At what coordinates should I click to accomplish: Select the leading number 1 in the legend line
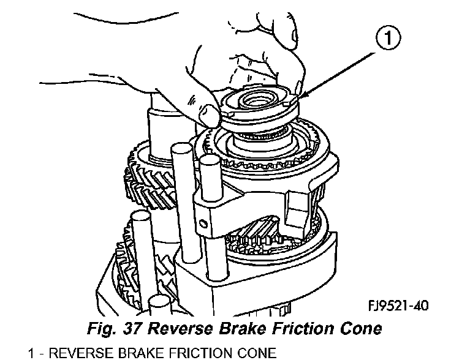coord(32,353)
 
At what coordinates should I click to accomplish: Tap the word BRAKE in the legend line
coord(151,353)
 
